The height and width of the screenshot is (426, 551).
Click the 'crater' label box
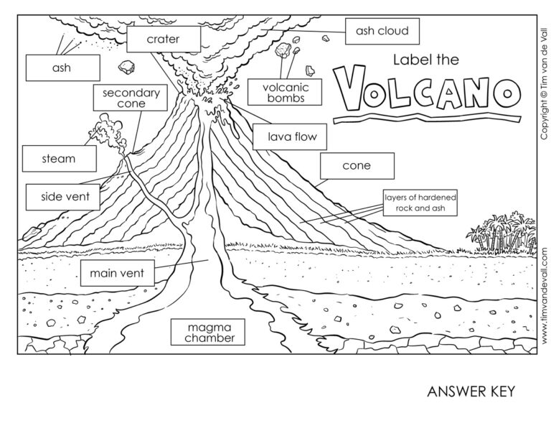click(x=163, y=39)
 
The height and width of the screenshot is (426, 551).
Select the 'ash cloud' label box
click(x=382, y=32)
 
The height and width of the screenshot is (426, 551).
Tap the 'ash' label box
click(x=61, y=69)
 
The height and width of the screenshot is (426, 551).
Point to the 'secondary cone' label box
click(x=131, y=98)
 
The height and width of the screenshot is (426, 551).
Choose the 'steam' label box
click(x=59, y=159)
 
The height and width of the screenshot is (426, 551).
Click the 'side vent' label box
click(x=61, y=195)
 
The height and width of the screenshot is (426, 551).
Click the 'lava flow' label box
click(x=284, y=135)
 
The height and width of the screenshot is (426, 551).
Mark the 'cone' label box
click(x=357, y=166)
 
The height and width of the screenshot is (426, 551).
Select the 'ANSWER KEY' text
click(x=471, y=392)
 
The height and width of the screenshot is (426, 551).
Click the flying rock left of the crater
click(x=128, y=68)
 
